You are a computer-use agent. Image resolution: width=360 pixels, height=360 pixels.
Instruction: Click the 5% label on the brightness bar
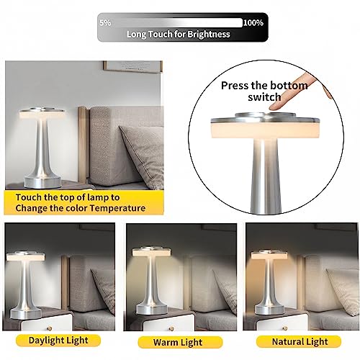[105, 23]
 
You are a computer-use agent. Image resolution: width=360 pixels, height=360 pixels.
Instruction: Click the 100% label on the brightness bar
[253, 23]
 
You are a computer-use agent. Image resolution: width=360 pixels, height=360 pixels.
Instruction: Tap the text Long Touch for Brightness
[178, 34]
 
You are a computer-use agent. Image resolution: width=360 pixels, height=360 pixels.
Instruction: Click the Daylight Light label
[59, 339]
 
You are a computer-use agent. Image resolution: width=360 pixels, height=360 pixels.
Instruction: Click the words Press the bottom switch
[264, 91]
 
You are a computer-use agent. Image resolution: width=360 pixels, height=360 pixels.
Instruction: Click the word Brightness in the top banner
[210, 34]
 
